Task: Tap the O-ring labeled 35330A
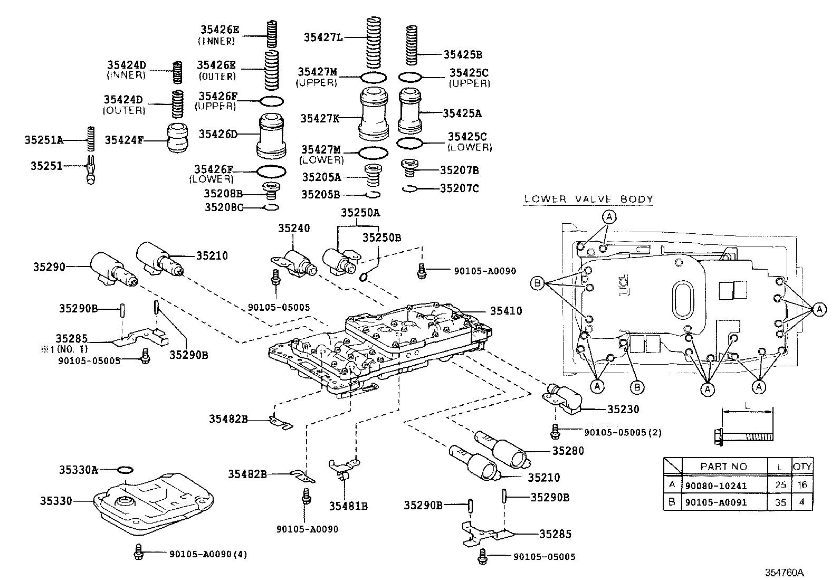[125, 470]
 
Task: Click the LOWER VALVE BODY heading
[588, 199]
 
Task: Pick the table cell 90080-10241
[716, 486]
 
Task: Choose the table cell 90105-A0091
[716, 502]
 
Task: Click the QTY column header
[802, 467]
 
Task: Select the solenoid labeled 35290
[112, 269]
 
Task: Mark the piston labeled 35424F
[178, 138]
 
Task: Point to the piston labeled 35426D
[272, 136]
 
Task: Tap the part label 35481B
[348, 506]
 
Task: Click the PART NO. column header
[725, 467]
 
